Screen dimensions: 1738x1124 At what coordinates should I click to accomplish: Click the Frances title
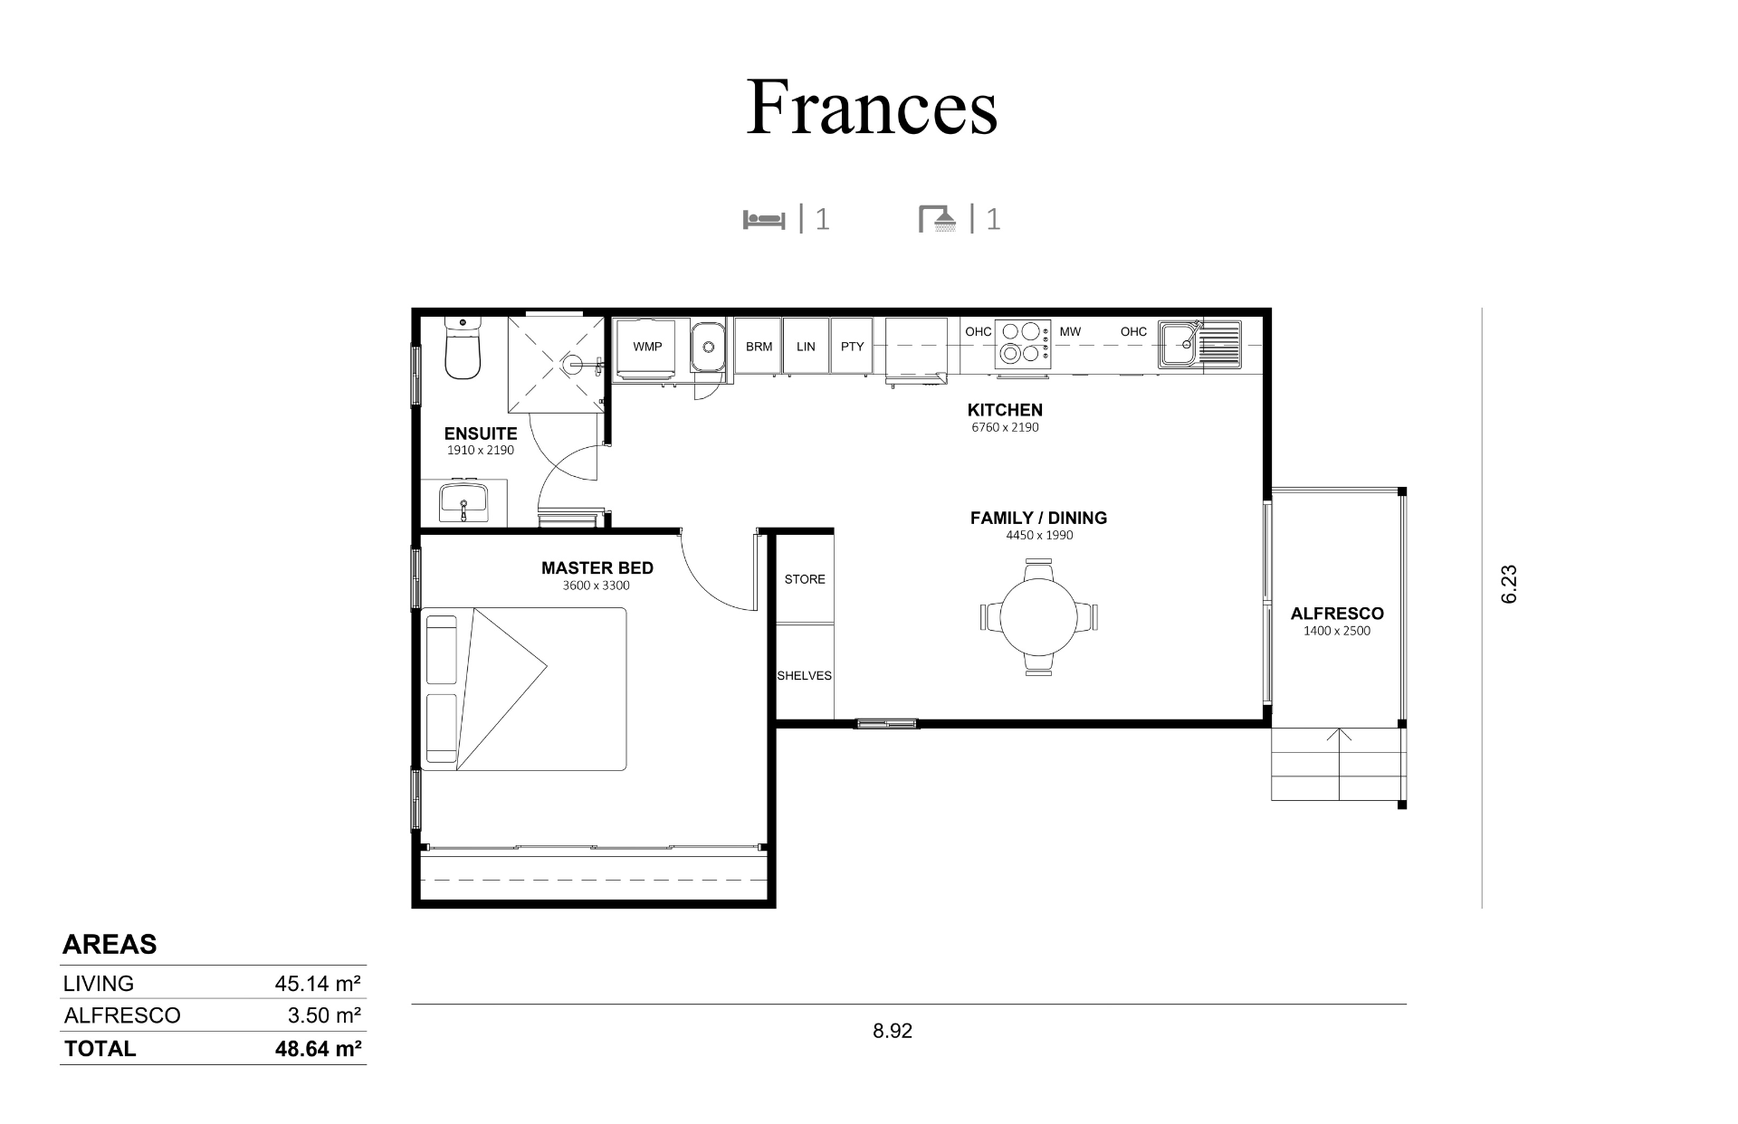(872, 108)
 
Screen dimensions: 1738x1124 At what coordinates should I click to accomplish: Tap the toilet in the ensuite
(463, 348)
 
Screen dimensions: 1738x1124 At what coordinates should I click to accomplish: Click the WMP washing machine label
(647, 347)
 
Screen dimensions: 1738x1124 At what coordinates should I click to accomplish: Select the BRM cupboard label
(759, 347)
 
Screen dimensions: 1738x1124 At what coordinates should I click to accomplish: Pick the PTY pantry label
(852, 347)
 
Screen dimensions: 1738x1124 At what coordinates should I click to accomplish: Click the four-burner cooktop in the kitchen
(1023, 344)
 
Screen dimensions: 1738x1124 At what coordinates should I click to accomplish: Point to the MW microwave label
(1070, 332)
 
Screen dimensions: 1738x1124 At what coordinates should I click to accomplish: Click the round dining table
(1039, 617)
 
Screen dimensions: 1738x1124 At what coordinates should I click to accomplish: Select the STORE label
(805, 579)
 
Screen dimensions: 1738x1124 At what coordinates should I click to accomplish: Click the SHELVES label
(804, 676)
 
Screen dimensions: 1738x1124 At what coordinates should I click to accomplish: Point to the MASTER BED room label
(597, 568)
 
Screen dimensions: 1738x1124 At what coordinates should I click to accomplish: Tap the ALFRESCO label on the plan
(1337, 614)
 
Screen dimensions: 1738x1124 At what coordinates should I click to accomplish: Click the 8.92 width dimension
(893, 1031)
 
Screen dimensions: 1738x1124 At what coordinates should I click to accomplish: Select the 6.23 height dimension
(1509, 585)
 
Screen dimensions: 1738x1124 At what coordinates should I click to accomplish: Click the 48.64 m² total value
(319, 1049)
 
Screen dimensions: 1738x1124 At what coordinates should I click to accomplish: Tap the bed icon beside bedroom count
(764, 220)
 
